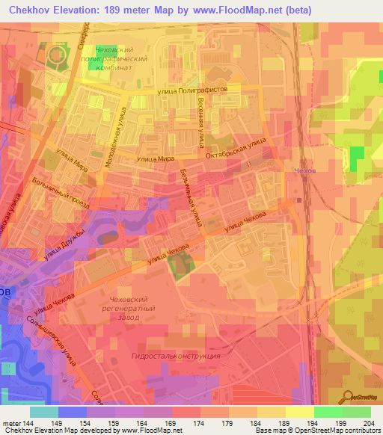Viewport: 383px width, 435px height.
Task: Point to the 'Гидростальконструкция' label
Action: (x=175, y=357)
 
